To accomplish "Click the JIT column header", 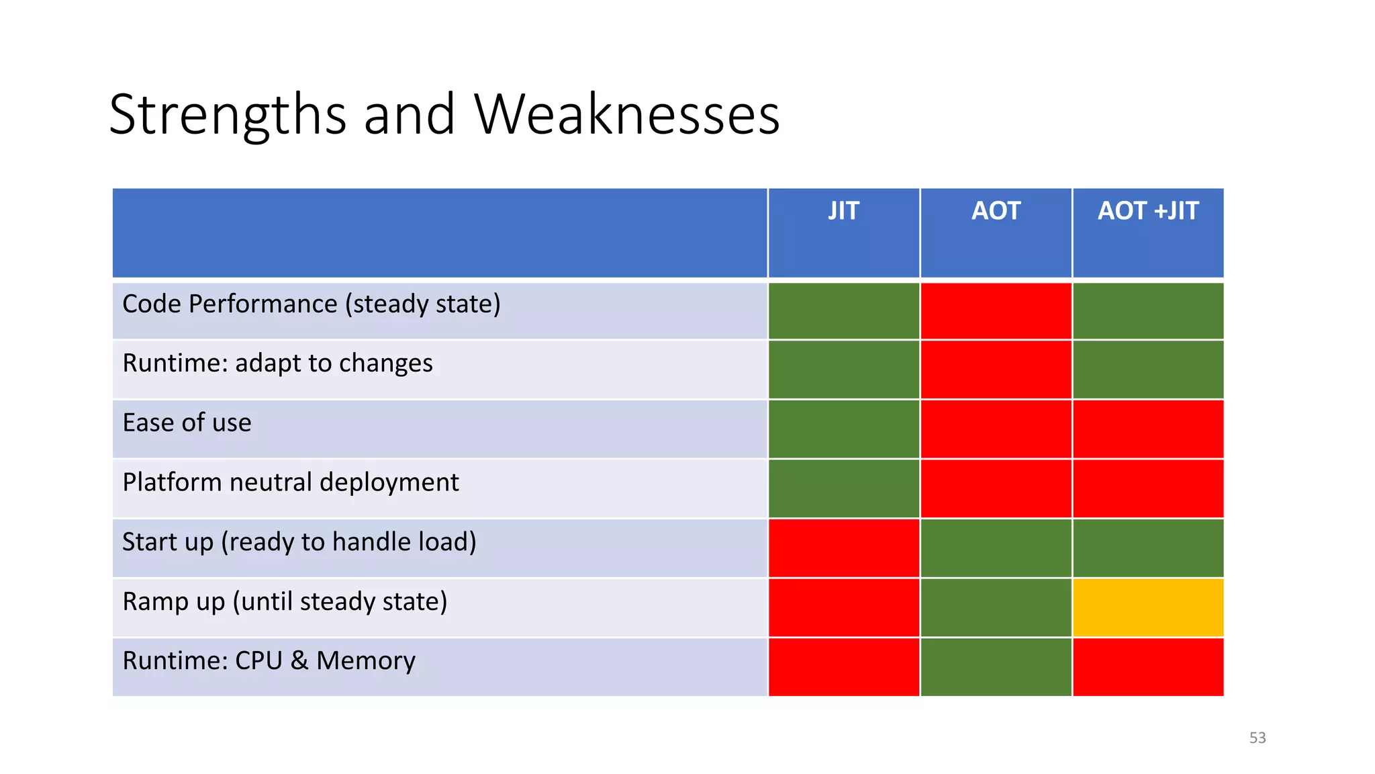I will click(x=843, y=212).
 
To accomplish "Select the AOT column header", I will click(x=996, y=212).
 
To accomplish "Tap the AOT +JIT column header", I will click(x=1148, y=212).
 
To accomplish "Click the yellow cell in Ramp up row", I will click(x=1148, y=607).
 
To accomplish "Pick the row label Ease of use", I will click(x=187, y=423).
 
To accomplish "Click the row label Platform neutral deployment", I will click(x=290, y=482).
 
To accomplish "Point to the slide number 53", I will click(x=1257, y=738).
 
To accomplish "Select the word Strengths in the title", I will click(x=228, y=114).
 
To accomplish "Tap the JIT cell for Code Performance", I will click(x=843, y=310).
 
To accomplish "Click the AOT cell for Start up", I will click(x=996, y=548).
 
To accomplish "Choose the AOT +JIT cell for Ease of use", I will click(x=1148, y=429).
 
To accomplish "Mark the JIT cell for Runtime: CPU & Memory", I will click(x=843, y=666).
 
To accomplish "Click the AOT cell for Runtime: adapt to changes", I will click(x=996, y=370).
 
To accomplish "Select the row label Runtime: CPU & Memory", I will click(x=269, y=660).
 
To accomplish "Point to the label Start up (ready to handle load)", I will click(x=299, y=542).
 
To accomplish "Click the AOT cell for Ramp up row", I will click(x=996, y=607).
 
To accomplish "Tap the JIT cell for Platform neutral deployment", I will click(x=843, y=488).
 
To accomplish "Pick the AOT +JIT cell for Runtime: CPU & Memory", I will click(x=1148, y=666).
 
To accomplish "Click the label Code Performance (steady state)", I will click(x=311, y=304).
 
